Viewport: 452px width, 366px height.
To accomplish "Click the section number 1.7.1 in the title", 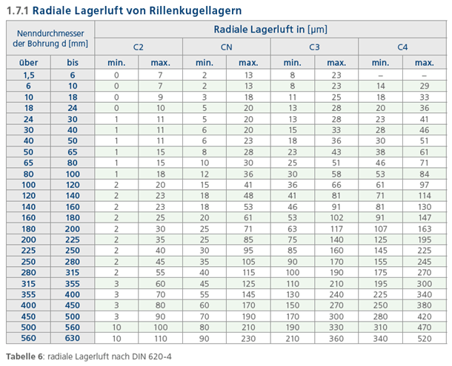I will click(x=16, y=10).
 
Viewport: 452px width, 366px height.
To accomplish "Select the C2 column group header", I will click(x=139, y=47).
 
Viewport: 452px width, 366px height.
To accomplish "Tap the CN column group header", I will click(x=227, y=47).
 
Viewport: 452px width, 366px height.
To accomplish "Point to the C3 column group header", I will click(x=314, y=47).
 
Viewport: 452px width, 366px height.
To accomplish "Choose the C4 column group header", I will click(x=402, y=47).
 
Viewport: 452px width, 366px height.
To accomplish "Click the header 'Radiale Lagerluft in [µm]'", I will click(x=270, y=30).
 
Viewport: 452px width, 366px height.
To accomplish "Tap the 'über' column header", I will click(x=28, y=63).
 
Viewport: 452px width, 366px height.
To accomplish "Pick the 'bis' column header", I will click(x=73, y=63).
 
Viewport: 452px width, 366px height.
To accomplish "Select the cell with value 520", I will click(x=425, y=338).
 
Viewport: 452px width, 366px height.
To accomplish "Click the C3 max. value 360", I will click(x=336, y=338).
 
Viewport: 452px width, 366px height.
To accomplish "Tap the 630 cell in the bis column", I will click(x=73, y=338).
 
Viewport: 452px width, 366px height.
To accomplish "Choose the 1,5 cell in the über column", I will click(x=28, y=75).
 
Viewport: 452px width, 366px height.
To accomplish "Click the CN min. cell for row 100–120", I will click(x=205, y=184).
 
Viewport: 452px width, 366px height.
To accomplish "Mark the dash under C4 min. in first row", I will click(x=380, y=75).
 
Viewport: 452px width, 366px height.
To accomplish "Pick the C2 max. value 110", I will click(x=161, y=338).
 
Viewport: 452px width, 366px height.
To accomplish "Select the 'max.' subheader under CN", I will click(x=248, y=63).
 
